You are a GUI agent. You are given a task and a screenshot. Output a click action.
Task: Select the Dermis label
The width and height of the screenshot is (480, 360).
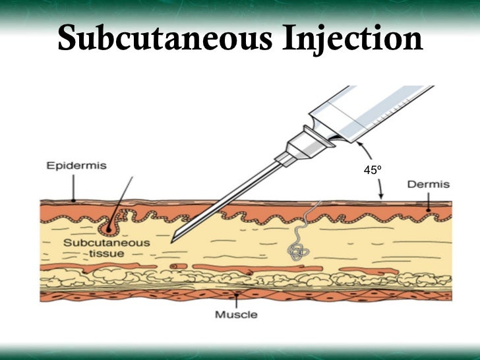coord(428,185)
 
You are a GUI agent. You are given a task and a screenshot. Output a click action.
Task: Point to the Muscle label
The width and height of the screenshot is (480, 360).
coord(237,315)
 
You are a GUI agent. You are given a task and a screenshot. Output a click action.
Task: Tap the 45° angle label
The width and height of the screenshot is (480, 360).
coord(373,171)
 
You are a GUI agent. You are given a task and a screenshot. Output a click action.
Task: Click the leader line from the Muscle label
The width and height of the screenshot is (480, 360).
coord(236,301)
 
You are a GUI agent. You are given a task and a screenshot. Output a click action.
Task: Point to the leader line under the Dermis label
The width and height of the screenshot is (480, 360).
coord(429,202)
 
